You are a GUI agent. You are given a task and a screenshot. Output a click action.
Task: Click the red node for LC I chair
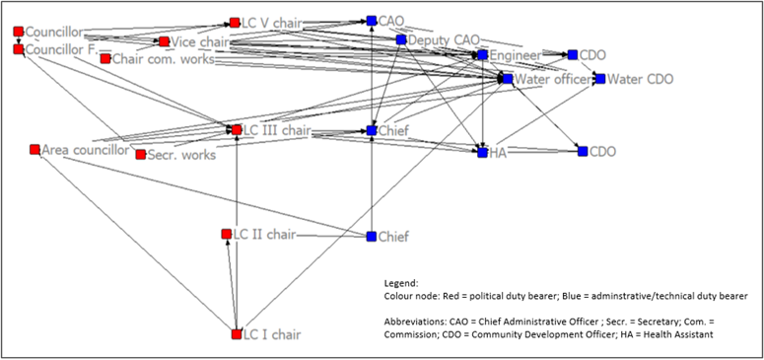[x=237, y=334]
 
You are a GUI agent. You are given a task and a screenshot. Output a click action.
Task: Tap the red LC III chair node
[x=237, y=129]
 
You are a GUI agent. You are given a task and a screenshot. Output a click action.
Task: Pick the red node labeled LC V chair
[x=235, y=22]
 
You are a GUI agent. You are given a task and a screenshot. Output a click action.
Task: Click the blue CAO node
[x=372, y=20]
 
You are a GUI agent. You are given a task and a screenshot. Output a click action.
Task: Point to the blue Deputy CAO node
[x=401, y=40]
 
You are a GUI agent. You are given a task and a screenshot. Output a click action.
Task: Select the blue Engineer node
[x=483, y=55]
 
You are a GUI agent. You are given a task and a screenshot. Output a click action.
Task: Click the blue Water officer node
[x=508, y=78]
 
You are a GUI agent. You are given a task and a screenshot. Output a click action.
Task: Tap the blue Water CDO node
[x=599, y=78]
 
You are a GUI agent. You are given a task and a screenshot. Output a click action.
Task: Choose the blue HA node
[x=483, y=152]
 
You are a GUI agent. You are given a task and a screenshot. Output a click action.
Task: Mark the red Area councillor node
[x=35, y=150]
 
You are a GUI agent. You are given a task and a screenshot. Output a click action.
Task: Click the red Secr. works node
[x=141, y=155]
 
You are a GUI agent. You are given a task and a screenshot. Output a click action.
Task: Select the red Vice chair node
[x=164, y=42]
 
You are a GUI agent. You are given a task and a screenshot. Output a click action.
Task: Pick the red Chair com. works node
[x=105, y=58]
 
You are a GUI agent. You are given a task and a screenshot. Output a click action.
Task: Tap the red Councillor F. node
[x=18, y=48]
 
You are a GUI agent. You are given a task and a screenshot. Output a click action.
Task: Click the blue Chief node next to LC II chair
[x=372, y=237]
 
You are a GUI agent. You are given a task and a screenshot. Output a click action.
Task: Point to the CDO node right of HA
[x=583, y=152]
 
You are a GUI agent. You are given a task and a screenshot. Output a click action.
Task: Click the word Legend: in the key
[x=404, y=282]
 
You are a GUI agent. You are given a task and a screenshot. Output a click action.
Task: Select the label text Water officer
[x=553, y=79]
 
